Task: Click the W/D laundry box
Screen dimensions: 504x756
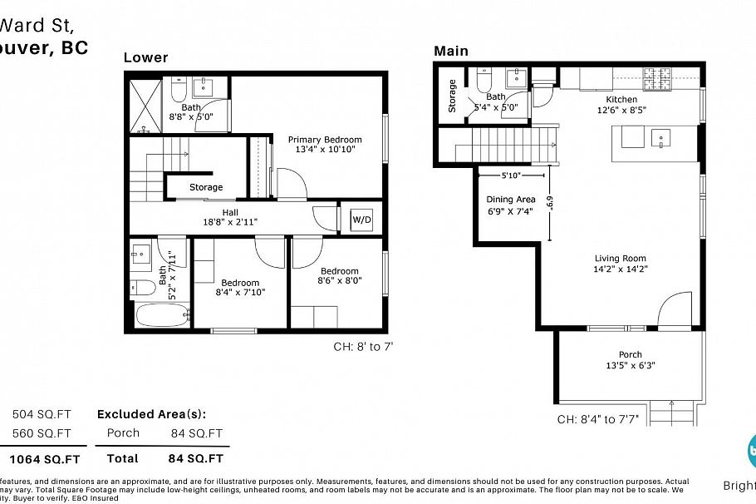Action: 361,220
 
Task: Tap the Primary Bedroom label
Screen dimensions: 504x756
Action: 325,140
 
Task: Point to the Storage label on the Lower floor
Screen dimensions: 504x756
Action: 206,187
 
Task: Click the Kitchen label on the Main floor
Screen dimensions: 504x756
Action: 621,100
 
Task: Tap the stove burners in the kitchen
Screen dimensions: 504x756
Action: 656,81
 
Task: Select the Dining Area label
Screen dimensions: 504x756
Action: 510,200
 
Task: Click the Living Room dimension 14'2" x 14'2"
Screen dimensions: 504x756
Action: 620,269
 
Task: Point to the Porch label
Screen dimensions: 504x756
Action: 630,355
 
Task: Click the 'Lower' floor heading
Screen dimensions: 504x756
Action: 145,57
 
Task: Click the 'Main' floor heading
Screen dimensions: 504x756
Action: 451,52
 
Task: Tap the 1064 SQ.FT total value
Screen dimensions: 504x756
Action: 45,458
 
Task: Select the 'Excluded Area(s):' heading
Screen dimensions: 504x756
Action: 151,414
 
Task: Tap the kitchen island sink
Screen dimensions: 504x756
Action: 662,137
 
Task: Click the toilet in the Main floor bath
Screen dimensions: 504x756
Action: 485,80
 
